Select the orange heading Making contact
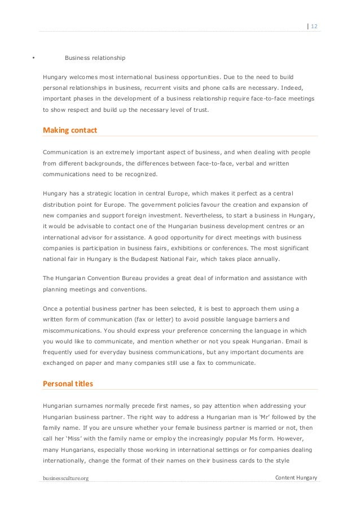pos(70,130)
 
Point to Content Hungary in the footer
pos(296,478)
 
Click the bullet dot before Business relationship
pos(33,58)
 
